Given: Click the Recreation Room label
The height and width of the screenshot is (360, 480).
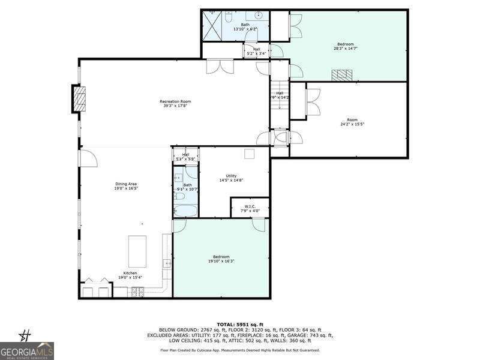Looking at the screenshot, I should tap(175, 104).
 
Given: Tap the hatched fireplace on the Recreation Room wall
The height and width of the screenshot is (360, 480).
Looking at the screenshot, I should tap(79, 99).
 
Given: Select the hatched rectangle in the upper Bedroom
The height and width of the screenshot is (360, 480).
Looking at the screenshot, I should tap(343, 75).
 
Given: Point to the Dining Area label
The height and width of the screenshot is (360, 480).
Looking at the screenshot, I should tap(127, 186).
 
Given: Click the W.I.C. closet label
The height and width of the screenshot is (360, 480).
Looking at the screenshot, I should tap(250, 208).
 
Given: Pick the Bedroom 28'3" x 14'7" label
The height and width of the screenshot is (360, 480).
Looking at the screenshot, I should tap(345, 46).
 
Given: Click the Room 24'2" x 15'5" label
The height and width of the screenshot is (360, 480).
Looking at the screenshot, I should tap(352, 122).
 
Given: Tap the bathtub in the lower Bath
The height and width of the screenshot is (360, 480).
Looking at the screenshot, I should tap(186, 211).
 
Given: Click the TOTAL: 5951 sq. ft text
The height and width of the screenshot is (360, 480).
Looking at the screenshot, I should tap(240, 324).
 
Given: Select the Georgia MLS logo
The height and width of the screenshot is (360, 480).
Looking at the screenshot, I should tap(27, 350).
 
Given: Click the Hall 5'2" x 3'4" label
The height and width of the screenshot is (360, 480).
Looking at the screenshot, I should tap(257, 51).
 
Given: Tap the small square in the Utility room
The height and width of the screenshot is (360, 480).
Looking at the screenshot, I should tap(249, 154).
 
